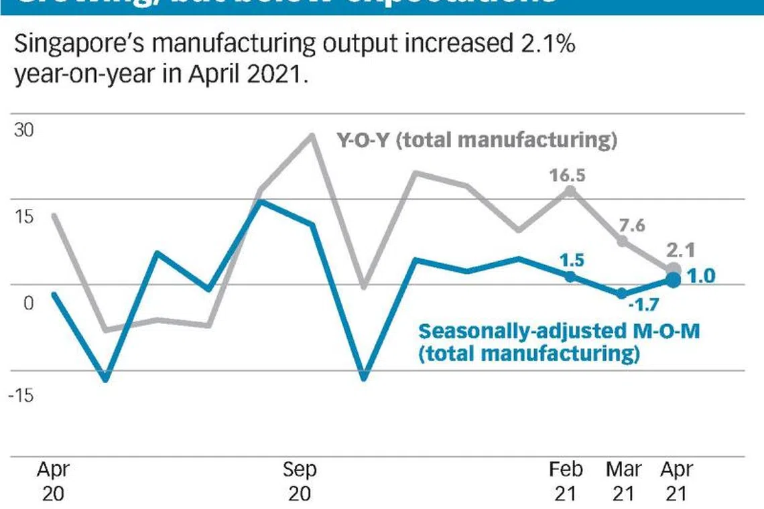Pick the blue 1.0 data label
(702, 276)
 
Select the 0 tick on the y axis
(27, 303)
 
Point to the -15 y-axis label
(21, 394)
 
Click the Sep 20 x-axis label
(300, 481)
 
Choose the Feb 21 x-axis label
(566, 481)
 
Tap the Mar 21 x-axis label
(623, 481)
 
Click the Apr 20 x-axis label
(52, 481)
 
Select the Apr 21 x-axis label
(677, 481)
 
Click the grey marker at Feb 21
(570, 191)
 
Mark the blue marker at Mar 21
(621, 293)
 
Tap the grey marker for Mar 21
(622, 241)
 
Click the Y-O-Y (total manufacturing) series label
(476, 141)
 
